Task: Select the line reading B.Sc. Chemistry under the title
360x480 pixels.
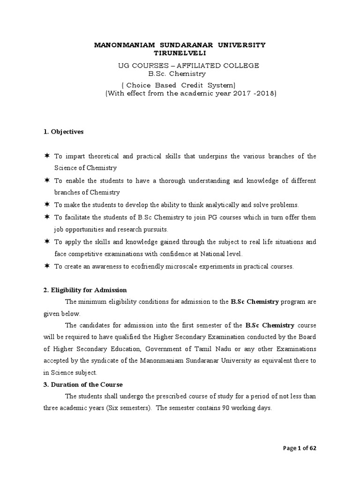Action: [177, 74]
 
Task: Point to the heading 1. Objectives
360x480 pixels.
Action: [63, 132]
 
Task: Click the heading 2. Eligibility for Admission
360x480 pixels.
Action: [85, 290]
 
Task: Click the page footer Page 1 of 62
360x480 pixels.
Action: [300, 448]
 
